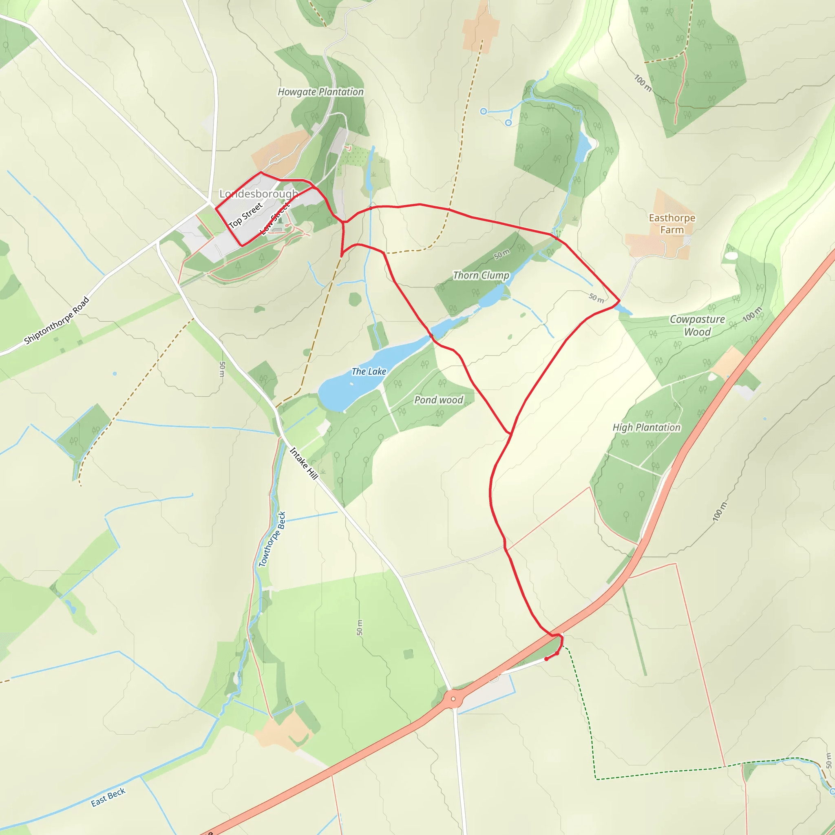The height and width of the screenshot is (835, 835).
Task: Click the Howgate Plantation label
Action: (320, 92)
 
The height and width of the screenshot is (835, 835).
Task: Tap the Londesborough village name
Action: (258, 194)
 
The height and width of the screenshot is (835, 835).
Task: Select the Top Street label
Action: (245, 215)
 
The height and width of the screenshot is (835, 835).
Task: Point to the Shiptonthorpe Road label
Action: (57, 320)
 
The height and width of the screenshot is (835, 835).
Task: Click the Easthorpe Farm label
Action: (672, 224)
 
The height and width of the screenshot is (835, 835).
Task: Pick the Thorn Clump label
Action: (481, 275)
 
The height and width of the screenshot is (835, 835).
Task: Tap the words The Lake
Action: (369, 371)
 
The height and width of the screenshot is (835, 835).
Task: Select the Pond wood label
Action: (439, 400)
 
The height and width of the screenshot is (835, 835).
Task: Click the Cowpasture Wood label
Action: (697, 325)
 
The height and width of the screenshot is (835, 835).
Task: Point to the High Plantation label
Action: (647, 427)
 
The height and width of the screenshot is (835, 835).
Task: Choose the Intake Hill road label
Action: (304, 463)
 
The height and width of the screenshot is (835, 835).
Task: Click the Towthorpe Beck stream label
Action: (272, 539)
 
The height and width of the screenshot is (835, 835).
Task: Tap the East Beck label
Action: (108, 797)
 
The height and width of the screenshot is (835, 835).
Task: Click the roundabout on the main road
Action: (453, 698)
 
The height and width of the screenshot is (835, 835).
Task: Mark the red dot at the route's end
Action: (547, 659)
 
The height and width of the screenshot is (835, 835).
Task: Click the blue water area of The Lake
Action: (341, 391)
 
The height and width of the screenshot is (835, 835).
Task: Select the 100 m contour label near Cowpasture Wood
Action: (753, 314)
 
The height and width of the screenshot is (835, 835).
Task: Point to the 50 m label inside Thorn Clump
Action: (502, 254)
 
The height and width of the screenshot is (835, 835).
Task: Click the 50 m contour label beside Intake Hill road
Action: (222, 369)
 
